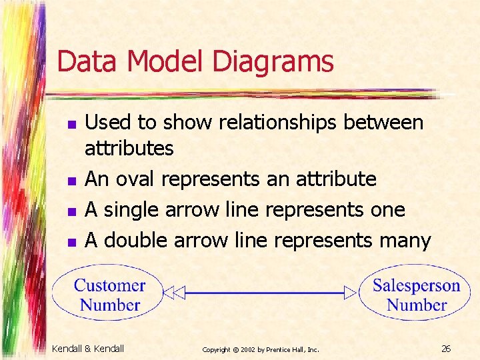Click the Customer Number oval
pos(109,295)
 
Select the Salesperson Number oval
pos(416,295)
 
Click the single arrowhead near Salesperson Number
pos(350,292)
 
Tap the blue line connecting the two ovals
pos(263,292)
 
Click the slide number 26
pos(446,349)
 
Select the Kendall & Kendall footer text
pos(87,349)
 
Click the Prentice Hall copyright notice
pos(261,349)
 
